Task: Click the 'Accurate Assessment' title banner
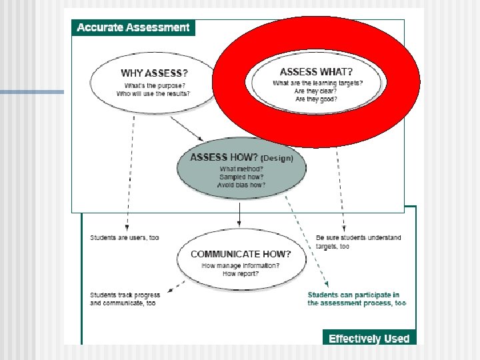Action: [133, 27]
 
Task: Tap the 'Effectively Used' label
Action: [369, 339]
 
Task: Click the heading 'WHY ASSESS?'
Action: [155, 73]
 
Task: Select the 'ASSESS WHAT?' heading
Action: [317, 71]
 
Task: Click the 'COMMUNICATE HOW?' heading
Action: [241, 254]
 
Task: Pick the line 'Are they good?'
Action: [317, 99]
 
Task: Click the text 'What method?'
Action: [241, 169]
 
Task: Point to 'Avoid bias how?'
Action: [241, 185]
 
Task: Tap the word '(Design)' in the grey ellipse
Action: [277, 158]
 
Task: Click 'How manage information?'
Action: [241, 265]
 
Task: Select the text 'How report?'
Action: [241, 274]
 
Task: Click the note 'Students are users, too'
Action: [125, 238]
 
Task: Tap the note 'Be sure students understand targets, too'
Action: [358, 242]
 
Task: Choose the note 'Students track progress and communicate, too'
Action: [125, 299]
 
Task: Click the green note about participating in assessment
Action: [357, 299]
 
